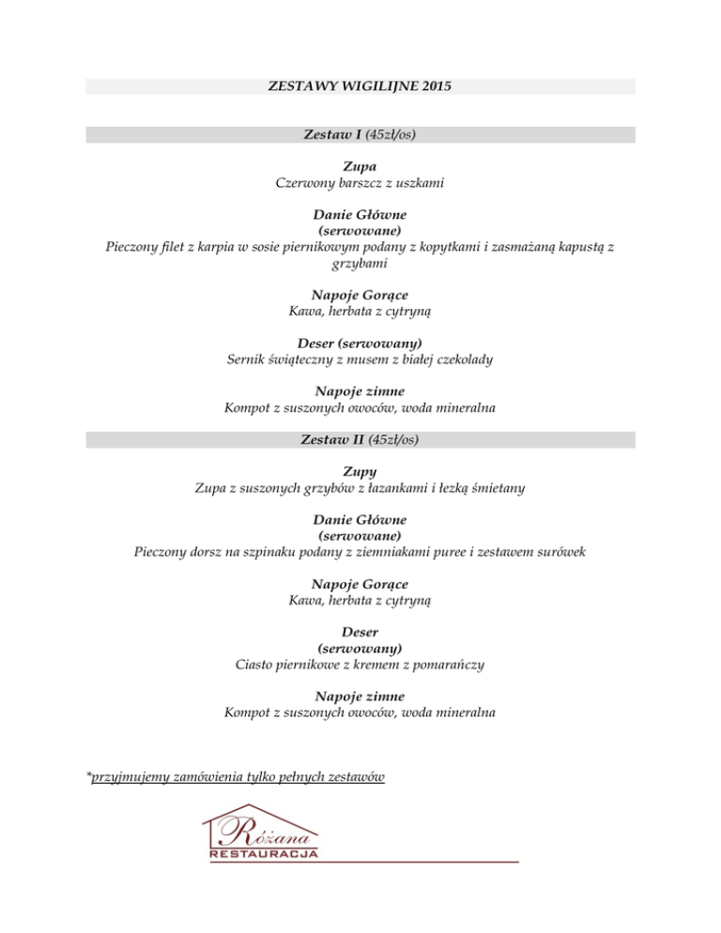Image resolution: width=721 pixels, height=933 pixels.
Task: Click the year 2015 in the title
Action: (436, 86)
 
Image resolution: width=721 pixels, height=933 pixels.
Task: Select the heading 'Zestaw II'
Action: (334, 438)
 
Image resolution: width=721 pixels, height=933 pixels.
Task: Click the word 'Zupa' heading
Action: (360, 167)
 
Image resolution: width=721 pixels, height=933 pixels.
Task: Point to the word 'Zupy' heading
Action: (360, 471)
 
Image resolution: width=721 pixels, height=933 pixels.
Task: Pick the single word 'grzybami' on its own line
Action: (360, 265)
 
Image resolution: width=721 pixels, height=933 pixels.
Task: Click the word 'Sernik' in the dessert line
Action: (249, 359)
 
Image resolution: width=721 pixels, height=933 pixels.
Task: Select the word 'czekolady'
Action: (462, 359)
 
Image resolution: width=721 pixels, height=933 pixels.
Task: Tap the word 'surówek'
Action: (560, 552)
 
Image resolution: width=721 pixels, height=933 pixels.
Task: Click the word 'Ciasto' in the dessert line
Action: (256, 665)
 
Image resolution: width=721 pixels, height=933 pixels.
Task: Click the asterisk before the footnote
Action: (88, 775)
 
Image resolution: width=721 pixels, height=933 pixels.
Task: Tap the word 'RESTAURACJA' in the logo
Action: (264, 854)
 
